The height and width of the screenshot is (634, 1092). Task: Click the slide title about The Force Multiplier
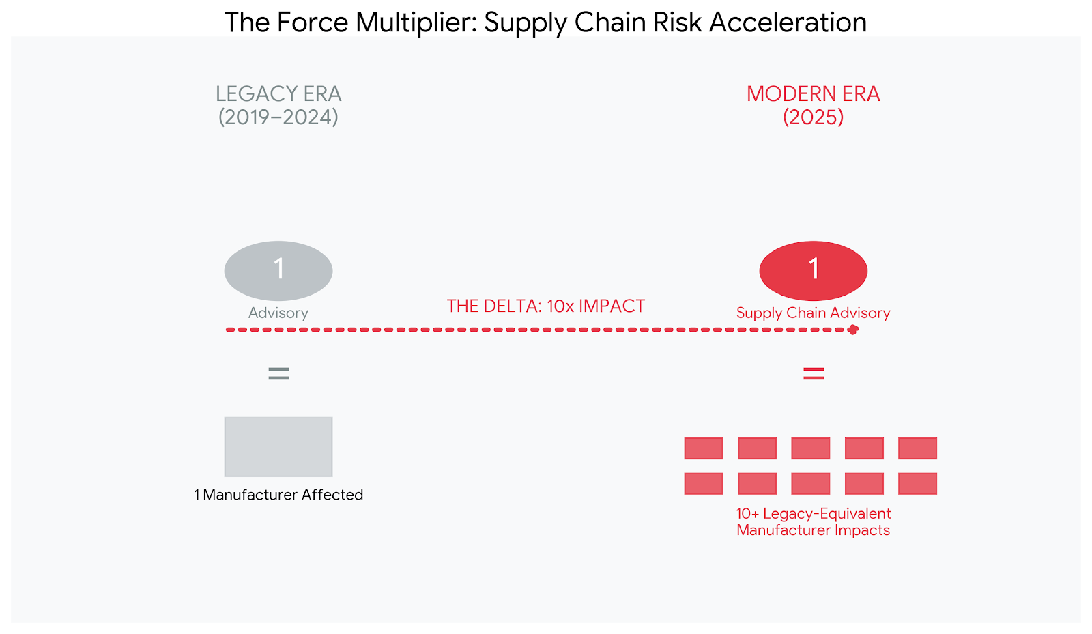(545, 23)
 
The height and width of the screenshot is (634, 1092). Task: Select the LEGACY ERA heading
(278, 93)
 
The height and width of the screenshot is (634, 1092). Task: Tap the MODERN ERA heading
(813, 93)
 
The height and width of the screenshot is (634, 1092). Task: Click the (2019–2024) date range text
(278, 117)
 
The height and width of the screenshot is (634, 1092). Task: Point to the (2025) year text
(813, 117)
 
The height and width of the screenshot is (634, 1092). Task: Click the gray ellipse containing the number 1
(278, 270)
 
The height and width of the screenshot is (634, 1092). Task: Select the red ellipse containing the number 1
(813, 270)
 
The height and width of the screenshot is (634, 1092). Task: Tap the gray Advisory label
(278, 313)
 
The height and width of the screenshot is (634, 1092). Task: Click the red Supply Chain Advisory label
(813, 313)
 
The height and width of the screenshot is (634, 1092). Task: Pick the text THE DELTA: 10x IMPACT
(545, 306)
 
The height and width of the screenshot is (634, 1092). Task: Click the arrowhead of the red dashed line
(853, 330)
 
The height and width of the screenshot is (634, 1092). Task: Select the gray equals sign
(278, 373)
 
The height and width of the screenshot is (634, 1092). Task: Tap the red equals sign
(814, 373)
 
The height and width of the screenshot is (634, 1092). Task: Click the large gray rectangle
(278, 446)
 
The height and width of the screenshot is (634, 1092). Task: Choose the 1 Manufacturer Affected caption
(278, 495)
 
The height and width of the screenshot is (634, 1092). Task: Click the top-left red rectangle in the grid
(704, 448)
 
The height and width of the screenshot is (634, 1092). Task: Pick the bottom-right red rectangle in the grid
(917, 483)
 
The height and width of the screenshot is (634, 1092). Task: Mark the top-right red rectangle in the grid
(917, 448)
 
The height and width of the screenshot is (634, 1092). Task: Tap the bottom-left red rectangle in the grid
(704, 483)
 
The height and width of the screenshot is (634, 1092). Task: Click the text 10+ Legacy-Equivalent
(813, 513)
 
